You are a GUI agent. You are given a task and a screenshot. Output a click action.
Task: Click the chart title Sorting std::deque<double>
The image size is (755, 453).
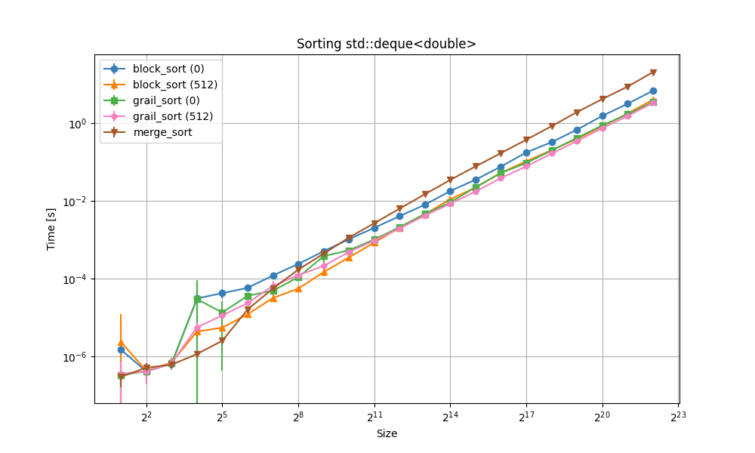point(387,44)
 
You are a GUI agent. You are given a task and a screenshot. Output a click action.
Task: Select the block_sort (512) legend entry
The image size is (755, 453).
point(175,85)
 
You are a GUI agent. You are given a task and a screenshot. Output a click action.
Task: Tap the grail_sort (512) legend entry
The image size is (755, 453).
point(173,116)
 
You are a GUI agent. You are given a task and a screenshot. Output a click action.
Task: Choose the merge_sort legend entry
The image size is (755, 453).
point(162,132)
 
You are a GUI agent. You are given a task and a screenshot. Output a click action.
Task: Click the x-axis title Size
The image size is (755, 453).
point(387,433)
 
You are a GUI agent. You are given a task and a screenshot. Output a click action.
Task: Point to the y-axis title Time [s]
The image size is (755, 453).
point(51,229)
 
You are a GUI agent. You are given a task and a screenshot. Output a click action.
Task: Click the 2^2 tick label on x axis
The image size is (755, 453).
point(146,416)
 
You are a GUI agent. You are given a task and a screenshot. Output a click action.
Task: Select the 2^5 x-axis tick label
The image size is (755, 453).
point(222,416)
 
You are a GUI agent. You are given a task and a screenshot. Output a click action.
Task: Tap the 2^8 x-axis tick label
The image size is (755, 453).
point(298,416)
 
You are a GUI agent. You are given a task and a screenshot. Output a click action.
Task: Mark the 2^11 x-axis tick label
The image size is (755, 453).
point(374,416)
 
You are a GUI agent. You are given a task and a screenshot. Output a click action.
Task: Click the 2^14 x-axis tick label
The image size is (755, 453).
point(450,416)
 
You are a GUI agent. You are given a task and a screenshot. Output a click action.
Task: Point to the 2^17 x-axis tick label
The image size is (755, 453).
point(526,416)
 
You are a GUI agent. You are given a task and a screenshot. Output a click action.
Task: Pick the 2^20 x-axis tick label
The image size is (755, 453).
point(602,416)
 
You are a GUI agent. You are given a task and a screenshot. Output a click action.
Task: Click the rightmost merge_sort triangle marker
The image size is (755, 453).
point(653,72)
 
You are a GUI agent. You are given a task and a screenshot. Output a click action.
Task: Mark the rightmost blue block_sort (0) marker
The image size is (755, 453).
point(653,91)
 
